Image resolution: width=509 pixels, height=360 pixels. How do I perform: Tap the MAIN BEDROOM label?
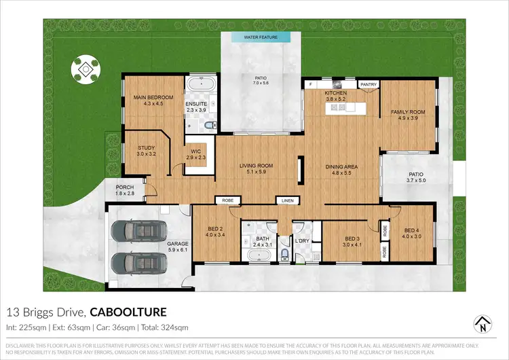[x=150, y=97]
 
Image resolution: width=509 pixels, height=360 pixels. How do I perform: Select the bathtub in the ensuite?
[x=200, y=86]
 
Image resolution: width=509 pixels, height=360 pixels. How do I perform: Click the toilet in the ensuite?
[x=209, y=124]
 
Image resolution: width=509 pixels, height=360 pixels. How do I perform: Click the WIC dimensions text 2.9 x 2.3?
[x=195, y=158]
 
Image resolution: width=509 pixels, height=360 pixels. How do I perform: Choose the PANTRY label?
[x=369, y=84]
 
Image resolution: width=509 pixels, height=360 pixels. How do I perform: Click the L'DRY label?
[x=302, y=240]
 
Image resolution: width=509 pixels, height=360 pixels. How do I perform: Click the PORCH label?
[x=124, y=187]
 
